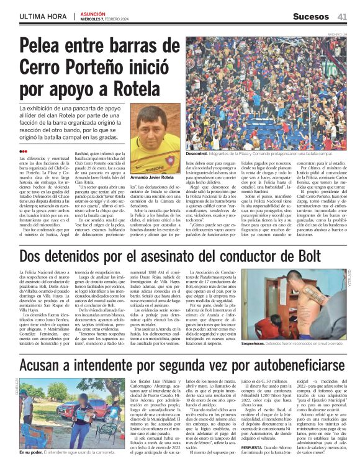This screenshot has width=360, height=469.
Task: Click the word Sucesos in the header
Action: pos(308,16)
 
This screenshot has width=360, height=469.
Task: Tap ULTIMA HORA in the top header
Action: pos(34,16)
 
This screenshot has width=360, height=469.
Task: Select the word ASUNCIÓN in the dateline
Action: pos(96,12)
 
